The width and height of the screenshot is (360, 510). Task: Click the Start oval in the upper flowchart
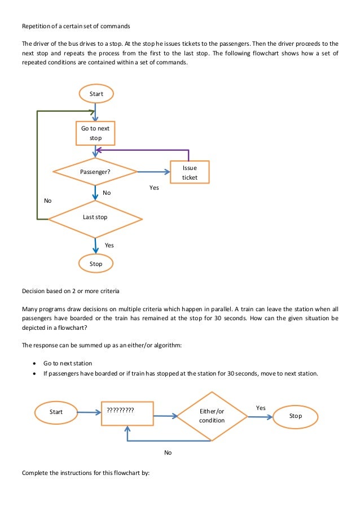point(96,93)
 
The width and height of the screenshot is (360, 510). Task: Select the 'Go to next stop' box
point(95,133)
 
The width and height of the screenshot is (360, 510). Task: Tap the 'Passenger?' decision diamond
point(95,172)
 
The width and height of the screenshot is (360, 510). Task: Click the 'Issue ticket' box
point(190,172)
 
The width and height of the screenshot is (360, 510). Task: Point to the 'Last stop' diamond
point(95,217)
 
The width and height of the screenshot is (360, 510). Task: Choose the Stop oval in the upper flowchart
point(96,263)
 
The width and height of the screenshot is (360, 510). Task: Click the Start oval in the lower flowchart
point(56,412)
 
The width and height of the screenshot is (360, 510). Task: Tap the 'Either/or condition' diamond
point(212,416)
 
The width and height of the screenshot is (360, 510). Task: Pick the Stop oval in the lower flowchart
point(295,416)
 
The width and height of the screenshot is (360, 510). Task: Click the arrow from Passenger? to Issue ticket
point(153,172)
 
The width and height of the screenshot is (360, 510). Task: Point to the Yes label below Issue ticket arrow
point(154,188)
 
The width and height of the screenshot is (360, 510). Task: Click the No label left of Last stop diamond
point(47,200)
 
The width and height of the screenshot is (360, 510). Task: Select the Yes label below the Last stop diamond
point(109,245)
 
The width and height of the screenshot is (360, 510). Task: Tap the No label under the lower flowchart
point(168,452)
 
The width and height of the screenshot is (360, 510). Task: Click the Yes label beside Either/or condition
point(261,407)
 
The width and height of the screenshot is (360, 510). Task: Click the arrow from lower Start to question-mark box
point(89,412)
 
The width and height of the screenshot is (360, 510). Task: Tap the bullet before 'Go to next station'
point(36,363)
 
